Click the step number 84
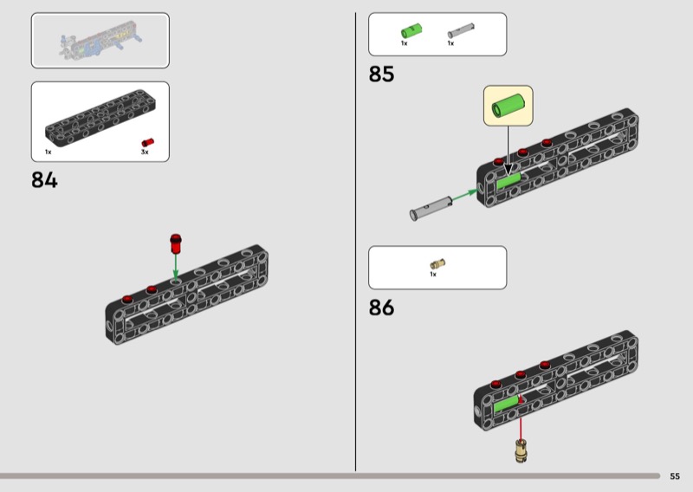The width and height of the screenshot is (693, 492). [44, 180]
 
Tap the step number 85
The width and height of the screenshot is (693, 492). [381, 74]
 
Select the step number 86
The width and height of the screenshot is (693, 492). [381, 307]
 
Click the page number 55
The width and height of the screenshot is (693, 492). [675, 476]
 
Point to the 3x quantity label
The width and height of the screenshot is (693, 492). [145, 152]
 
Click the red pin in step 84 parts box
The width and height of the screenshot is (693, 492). [147, 142]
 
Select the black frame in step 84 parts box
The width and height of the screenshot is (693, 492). [100, 117]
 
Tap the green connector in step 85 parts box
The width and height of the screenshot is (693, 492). [411, 31]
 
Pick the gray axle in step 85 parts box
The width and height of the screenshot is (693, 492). [461, 30]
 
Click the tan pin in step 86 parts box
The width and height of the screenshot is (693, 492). [437, 264]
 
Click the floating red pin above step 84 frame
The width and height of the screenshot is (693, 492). [176, 243]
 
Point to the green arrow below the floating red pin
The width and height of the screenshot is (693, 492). [176, 268]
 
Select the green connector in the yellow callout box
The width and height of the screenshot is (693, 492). [508, 106]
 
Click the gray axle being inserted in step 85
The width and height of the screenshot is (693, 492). [431, 209]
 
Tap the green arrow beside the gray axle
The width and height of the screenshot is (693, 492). [464, 196]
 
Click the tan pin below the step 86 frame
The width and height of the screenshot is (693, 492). [521, 450]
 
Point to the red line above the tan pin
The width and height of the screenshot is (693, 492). [521, 418]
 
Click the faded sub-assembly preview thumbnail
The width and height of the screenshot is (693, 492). [100, 41]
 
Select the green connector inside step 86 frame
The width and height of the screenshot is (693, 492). [506, 404]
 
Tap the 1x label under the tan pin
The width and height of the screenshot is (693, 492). [433, 275]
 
